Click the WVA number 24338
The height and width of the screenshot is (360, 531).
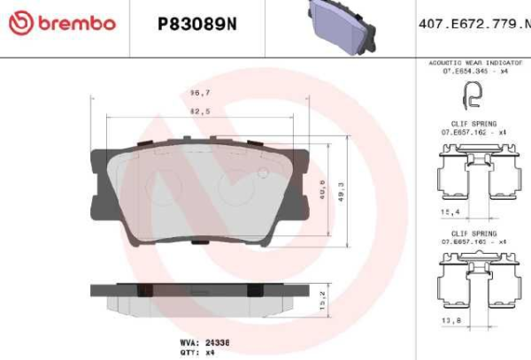217,341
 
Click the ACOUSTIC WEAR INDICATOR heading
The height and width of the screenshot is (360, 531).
475,65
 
